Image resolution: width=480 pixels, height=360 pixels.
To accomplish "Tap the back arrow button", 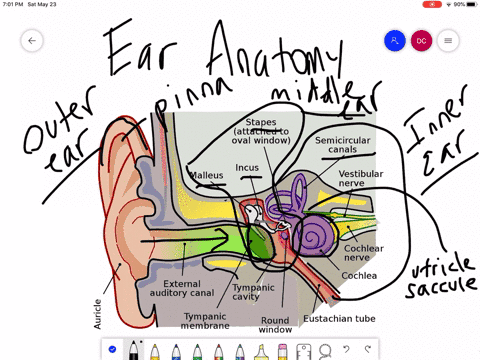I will [x=32, y=41].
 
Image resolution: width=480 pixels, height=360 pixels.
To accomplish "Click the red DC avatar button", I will [x=421, y=41].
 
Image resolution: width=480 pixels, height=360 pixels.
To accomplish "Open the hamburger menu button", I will [x=447, y=41].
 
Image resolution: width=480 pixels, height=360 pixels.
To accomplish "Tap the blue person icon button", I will [x=395, y=41].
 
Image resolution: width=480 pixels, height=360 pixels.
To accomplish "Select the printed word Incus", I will [x=247, y=167].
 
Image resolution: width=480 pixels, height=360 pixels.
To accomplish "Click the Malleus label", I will [x=207, y=175].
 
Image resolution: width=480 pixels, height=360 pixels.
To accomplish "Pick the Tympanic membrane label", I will [x=206, y=319].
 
